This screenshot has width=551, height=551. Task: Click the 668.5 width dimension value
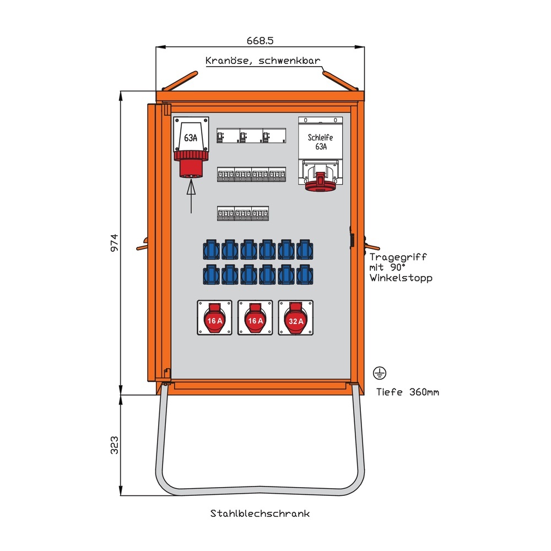pos(261,40)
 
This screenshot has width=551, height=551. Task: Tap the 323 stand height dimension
pos(114,445)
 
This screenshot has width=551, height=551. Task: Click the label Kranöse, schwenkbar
pos(262,61)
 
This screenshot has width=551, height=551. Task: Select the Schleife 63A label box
pos(321,142)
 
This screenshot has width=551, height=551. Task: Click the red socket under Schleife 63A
pos(321,181)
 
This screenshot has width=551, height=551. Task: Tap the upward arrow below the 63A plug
pos(191,197)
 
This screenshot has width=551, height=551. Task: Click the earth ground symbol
pos(379,373)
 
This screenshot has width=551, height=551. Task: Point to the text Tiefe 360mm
pos(407,392)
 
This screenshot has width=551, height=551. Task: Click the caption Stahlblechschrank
pos(260,514)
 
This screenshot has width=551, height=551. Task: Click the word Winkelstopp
pos(401,278)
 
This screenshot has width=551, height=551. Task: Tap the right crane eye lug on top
pos(340,81)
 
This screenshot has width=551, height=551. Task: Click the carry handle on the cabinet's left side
pos(144,243)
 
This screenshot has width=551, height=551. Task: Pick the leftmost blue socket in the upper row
pos(212,250)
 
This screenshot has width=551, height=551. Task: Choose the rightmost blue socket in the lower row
pos(304,274)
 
